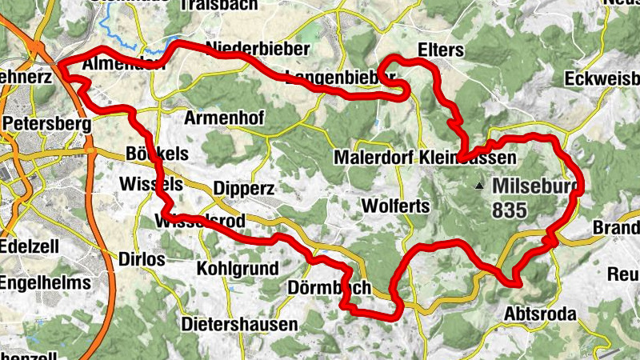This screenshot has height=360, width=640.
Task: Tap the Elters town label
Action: tap(441, 50)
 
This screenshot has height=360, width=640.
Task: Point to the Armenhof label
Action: tap(224, 118)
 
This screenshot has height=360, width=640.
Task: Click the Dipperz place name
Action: tap(245, 189)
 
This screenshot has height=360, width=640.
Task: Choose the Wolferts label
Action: tap(396, 206)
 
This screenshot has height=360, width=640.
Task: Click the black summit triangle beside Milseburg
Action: tap(479, 186)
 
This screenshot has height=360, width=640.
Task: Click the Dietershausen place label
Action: tap(239, 325)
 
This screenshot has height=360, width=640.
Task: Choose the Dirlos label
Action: tap(141, 259)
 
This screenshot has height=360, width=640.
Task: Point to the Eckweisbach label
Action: tap(602, 80)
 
